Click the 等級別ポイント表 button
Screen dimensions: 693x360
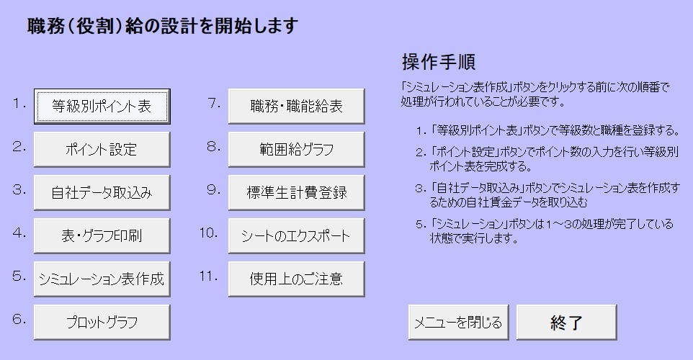[x=102, y=107]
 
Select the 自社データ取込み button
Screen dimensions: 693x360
[x=102, y=192]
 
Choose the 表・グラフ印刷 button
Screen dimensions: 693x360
[x=102, y=236]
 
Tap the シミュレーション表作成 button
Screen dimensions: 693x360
[x=102, y=279]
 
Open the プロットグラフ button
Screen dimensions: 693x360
[x=102, y=323]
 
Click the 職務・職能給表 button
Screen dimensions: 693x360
[x=297, y=107]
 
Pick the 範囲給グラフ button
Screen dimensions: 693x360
[x=297, y=149]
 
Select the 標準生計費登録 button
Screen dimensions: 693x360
[x=297, y=192]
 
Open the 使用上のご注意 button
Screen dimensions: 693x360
[x=297, y=279]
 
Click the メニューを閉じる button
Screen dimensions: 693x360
[x=459, y=323]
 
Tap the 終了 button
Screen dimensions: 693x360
[x=567, y=323]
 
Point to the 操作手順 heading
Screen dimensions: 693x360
[x=439, y=62]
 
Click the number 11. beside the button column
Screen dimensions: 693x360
[x=209, y=276]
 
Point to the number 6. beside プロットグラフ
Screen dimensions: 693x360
[x=19, y=319]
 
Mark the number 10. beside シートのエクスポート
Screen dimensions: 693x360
[x=209, y=233]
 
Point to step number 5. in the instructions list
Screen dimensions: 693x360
[x=421, y=225]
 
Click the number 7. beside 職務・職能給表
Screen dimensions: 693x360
[x=214, y=104]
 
